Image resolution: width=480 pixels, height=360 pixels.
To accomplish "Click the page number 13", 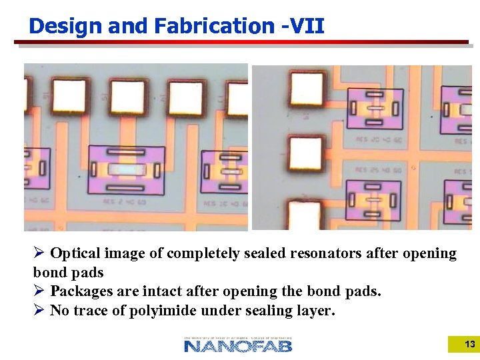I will click(x=469, y=345).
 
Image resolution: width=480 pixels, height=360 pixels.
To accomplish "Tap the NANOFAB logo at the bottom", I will click(x=238, y=345).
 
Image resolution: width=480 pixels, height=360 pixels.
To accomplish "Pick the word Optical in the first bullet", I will click(x=75, y=253).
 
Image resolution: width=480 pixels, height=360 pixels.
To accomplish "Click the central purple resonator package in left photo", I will click(x=126, y=170).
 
